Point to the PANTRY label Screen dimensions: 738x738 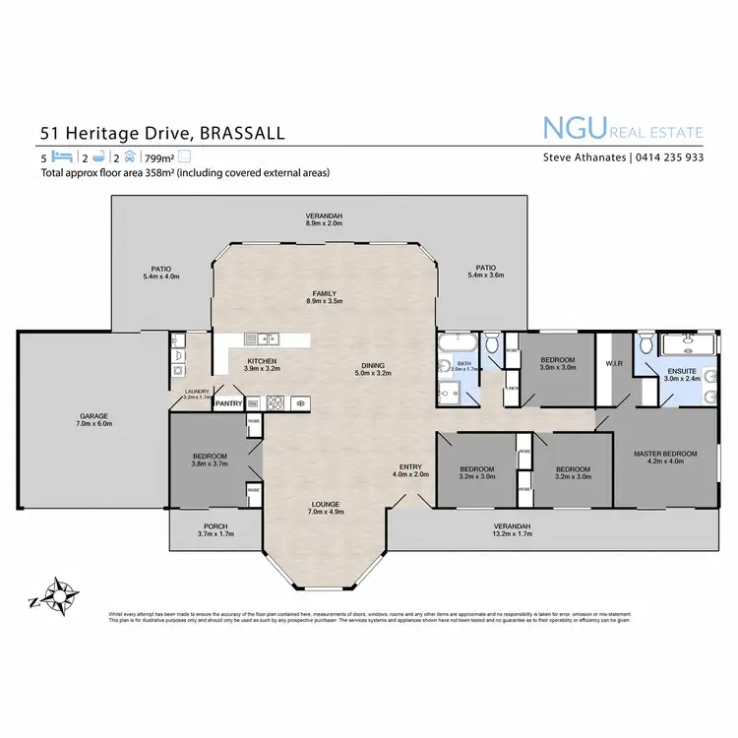(x=228, y=402)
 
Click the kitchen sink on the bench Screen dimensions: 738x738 (x=263, y=339)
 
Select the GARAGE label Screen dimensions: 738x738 (x=94, y=416)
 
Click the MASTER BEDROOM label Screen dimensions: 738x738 (x=665, y=454)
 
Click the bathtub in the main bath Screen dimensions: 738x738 (x=458, y=342)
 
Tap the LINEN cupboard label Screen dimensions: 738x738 (x=514, y=387)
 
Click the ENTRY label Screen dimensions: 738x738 (x=410, y=466)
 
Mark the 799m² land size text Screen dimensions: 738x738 (x=159, y=156)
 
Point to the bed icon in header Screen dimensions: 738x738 (x=61, y=156)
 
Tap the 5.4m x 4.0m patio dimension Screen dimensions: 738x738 (x=160, y=276)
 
